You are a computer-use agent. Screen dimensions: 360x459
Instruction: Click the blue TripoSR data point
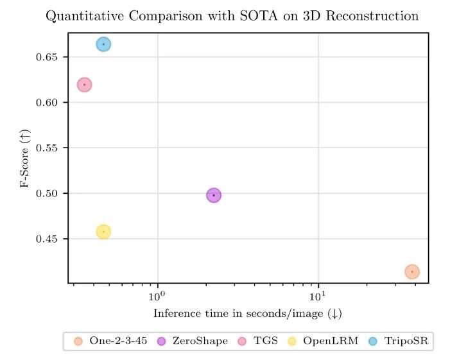click(103, 44)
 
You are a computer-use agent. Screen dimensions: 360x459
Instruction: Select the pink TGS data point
click(84, 85)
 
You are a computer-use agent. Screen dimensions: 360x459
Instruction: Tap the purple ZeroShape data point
click(214, 195)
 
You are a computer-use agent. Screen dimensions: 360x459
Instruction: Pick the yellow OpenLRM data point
click(103, 232)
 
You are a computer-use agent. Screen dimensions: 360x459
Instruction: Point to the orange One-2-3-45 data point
click(412, 271)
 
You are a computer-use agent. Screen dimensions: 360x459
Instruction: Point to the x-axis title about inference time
click(248, 314)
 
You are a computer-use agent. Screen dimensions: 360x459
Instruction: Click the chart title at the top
click(232, 16)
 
